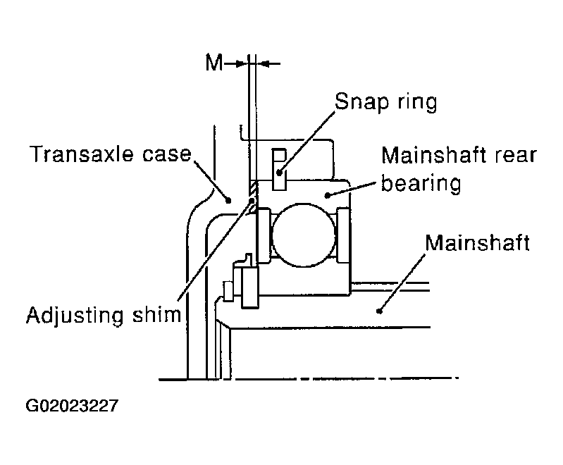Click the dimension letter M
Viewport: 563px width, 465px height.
214,63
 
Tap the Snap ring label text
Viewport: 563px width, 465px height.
385,101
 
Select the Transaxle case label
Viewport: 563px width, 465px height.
111,154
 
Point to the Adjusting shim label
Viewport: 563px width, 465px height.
104,315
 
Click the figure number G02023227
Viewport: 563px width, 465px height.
72,406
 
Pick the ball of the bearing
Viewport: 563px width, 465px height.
304,235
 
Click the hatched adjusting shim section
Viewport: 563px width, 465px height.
253,197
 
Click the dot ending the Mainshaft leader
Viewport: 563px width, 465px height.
379,311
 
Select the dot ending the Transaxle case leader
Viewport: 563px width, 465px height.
228,200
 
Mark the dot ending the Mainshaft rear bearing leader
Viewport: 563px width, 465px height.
327,195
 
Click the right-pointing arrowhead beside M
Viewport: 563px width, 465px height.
240,64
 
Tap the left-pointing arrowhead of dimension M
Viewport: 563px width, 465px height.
264,64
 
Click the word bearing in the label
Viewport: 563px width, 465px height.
421,183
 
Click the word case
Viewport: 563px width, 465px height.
167,155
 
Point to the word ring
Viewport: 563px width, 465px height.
417,102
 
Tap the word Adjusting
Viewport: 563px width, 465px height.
75,315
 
